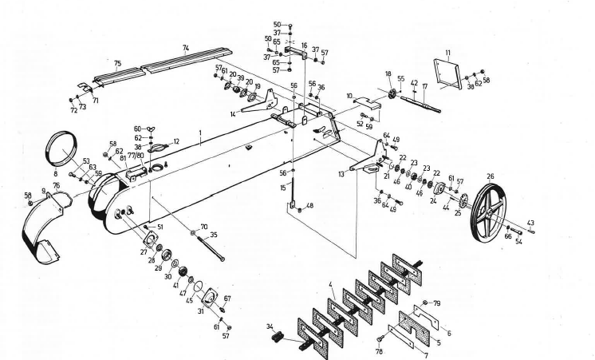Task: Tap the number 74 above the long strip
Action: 186,48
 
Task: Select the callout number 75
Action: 117,63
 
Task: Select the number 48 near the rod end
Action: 310,206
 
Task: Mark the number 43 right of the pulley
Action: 531,223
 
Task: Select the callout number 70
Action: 204,227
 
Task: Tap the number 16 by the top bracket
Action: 303,46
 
